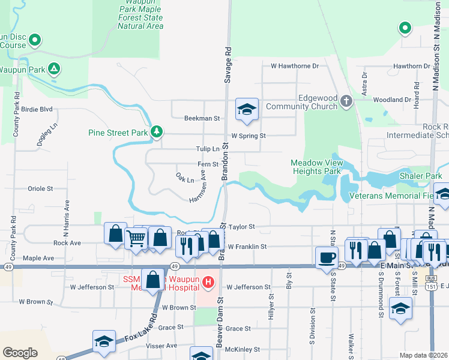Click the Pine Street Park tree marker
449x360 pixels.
[x=157, y=131]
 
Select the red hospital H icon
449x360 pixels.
[x=208, y=281]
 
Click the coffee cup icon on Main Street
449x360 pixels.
[x=327, y=257]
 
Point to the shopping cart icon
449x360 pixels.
[x=136, y=238]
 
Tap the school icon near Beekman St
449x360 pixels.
[x=246, y=109]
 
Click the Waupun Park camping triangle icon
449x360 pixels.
[x=54, y=69]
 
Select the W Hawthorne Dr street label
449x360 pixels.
[x=295, y=66]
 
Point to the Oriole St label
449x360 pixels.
[x=40, y=188]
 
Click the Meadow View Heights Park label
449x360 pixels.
[x=317, y=167]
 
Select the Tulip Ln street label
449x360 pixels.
[x=208, y=149]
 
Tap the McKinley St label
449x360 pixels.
[x=243, y=349]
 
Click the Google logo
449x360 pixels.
[x=20, y=353]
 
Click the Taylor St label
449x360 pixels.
[x=243, y=227]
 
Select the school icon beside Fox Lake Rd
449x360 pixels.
[x=104, y=341]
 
